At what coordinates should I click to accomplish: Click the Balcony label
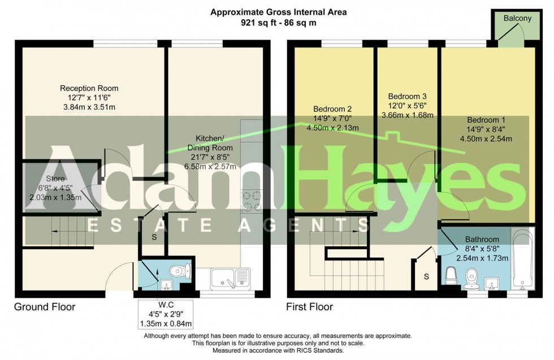[517, 19]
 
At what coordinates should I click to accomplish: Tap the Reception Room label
[89, 88]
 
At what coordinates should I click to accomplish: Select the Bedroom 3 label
[407, 96]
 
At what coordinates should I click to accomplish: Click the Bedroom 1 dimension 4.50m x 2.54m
[486, 139]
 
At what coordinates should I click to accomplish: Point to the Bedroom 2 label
[332, 109]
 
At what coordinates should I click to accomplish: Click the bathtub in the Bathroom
[522, 259]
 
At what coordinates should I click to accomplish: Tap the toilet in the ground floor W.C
[180, 271]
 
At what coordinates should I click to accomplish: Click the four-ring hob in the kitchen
[252, 201]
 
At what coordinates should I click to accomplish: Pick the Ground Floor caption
[45, 307]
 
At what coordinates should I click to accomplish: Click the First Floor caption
[310, 307]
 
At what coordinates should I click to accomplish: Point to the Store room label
[55, 179]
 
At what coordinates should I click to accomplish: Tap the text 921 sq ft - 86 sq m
[278, 23]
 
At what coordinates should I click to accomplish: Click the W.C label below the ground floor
[166, 305]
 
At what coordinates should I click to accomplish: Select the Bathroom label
[482, 239]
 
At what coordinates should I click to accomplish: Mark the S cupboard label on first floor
[426, 276]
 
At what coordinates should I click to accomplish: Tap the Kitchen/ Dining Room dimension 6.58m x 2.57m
[210, 166]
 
